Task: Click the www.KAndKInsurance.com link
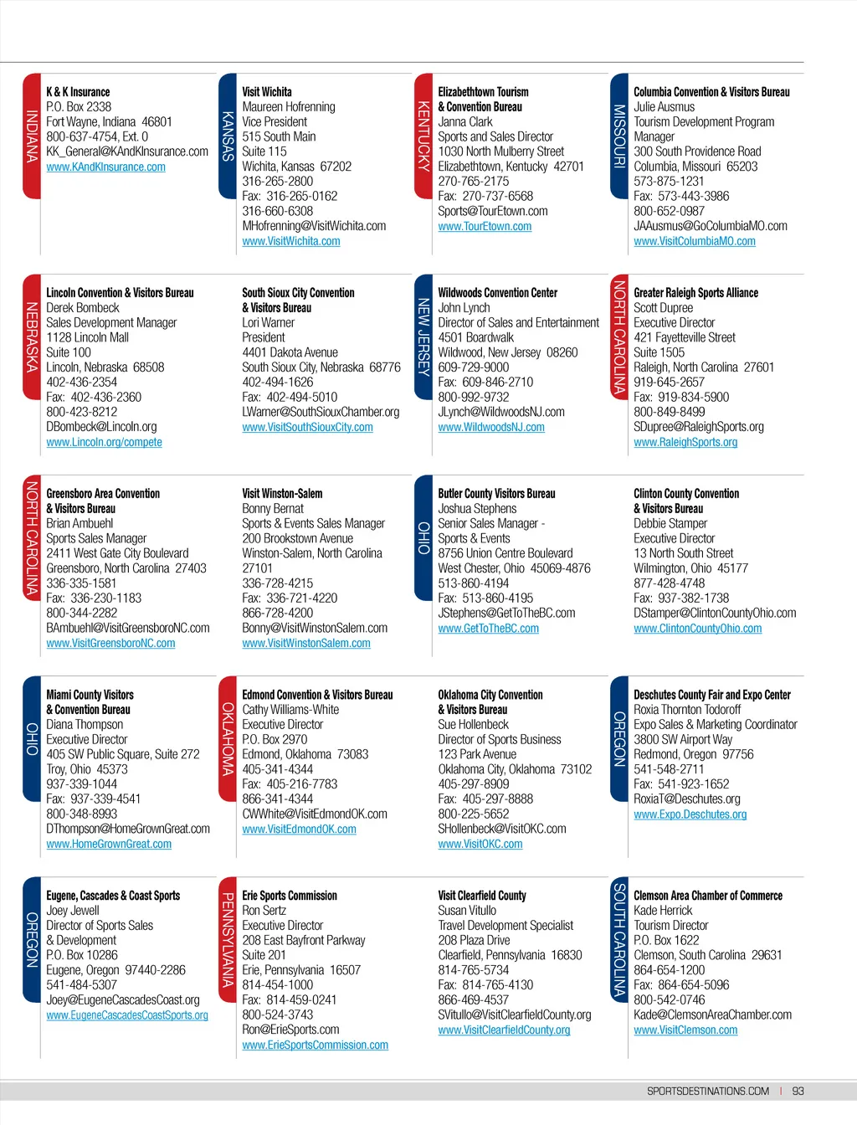coord(105,167)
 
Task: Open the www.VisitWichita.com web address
coord(290,241)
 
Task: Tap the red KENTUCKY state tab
coord(423,136)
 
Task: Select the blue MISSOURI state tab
coord(619,136)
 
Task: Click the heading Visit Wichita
coord(267,92)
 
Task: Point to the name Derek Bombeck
coord(82,308)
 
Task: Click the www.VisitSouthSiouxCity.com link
coord(307,427)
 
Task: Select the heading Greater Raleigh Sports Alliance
coord(695,293)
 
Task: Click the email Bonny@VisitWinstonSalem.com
coord(315,628)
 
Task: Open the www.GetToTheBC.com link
coord(488,629)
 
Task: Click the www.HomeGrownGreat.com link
coord(109,844)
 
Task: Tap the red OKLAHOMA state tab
coord(228,738)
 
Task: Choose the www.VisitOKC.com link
coord(480,844)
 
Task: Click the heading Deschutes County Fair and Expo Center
coord(711,695)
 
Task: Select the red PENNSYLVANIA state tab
coord(228,939)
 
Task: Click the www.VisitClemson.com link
coord(685,1030)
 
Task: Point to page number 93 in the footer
coord(798,1092)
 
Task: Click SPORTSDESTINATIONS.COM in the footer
coord(707,1092)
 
